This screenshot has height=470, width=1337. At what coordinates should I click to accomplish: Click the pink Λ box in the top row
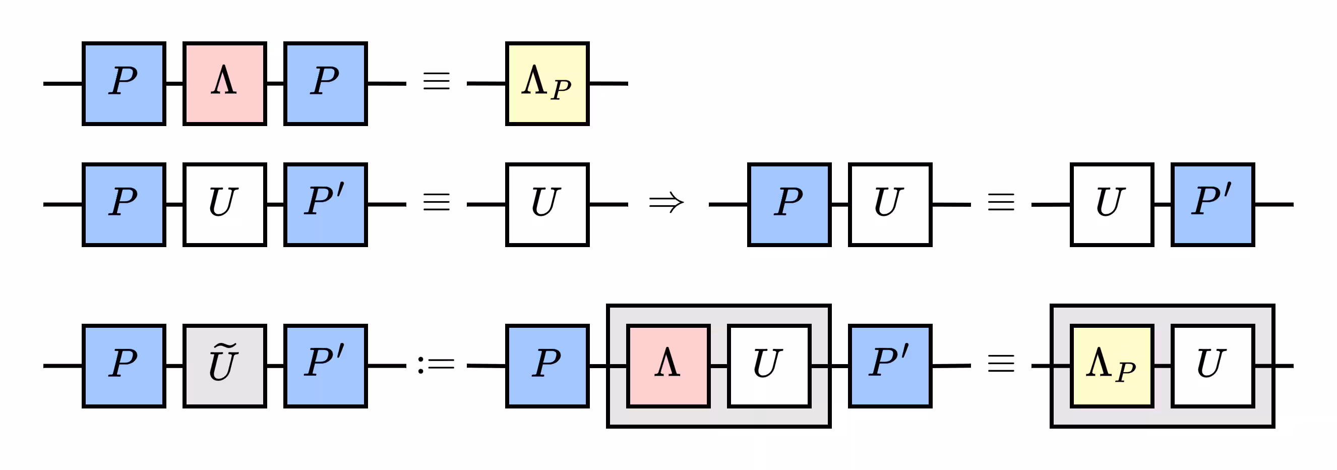tap(225, 84)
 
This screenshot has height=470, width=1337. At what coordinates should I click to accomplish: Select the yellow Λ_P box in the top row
tap(547, 84)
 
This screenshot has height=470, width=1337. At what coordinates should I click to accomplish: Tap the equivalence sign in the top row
tap(436, 82)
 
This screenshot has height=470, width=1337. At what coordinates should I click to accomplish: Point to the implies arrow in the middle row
tap(666, 202)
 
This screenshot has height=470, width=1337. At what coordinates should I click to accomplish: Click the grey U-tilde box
tap(225, 366)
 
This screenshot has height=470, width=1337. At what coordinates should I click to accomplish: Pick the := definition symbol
tap(436, 365)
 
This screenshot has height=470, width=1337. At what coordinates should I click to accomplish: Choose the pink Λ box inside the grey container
tap(668, 366)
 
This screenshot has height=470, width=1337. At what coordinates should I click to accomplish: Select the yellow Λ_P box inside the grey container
tap(1112, 366)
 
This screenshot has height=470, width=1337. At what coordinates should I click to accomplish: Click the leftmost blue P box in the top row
tap(124, 84)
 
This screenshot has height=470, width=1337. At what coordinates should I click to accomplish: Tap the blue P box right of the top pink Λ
tap(325, 84)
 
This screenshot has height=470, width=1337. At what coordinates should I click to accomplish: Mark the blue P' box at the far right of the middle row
tap(1212, 205)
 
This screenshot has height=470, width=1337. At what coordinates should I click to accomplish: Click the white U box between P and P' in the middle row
tap(225, 205)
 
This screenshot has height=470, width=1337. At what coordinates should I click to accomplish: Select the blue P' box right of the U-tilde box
tap(325, 366)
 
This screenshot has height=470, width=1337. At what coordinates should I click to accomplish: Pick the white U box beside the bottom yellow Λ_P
tap(1212, 366)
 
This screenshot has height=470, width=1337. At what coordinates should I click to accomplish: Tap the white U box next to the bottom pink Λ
tap(769, 366)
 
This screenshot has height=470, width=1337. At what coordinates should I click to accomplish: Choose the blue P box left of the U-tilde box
tap(124, 366)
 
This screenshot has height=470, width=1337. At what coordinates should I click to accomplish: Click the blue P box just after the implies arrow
tap(789, 205)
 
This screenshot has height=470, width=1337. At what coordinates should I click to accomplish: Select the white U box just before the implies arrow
tap(547, 205)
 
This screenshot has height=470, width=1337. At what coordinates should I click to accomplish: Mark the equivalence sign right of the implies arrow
tap(1001, 202)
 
